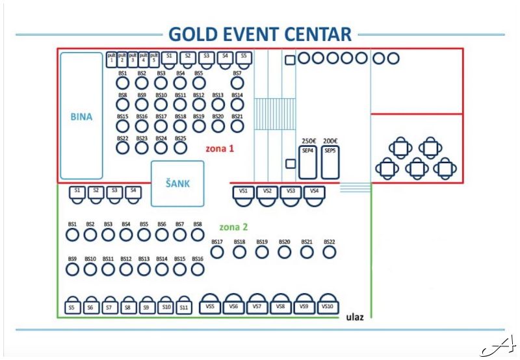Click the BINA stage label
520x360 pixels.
pos(81,118)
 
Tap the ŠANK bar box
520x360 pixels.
pos(177,184)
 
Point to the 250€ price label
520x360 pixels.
pos(308,141)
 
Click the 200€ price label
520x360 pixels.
pos(330,141)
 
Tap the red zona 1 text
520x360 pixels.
pos(219,149)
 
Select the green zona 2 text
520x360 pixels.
pos(233,227)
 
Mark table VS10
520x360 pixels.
pos(327,305)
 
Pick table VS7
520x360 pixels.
pos(257,305)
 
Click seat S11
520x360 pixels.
pos(185,307)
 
